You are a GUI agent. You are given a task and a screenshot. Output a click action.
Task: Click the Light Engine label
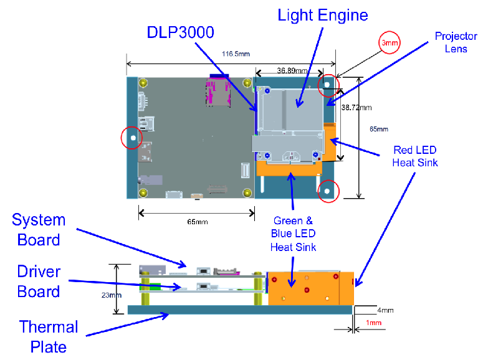click(322, 16)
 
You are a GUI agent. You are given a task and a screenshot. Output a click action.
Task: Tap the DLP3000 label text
click(180, 32)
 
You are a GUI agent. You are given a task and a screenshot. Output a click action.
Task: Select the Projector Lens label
click(456, 42)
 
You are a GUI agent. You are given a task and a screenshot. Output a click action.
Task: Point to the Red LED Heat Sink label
click(415, 156)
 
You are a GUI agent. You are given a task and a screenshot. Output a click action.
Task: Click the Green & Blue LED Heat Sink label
click(293, 234)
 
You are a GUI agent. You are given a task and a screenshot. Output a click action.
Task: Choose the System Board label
click(39, 230)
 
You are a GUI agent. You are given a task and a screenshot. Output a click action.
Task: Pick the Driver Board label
click(39, 282)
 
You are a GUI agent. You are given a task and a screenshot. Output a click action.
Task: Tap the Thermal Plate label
click(49, 337)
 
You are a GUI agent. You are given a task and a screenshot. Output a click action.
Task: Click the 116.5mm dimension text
click(236, 54)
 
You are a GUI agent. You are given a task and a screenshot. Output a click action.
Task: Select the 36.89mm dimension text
click(292, 70)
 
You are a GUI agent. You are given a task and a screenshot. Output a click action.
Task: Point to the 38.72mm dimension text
click(356, 108)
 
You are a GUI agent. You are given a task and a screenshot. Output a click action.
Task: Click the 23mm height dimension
click(112, 295)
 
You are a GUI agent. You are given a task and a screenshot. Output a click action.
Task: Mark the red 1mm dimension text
click(374, 323)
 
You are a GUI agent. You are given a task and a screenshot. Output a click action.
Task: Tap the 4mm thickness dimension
click(385, 310)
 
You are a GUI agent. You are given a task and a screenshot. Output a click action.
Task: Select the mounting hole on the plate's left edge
click(133, 138)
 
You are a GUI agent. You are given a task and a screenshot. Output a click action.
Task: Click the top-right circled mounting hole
click(327, 85)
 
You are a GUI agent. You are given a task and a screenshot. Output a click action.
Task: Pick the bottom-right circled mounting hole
click(327, 191)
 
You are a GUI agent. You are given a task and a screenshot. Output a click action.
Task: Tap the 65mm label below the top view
click(198, 222)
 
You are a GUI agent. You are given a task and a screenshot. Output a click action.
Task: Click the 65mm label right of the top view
click(379, 129)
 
